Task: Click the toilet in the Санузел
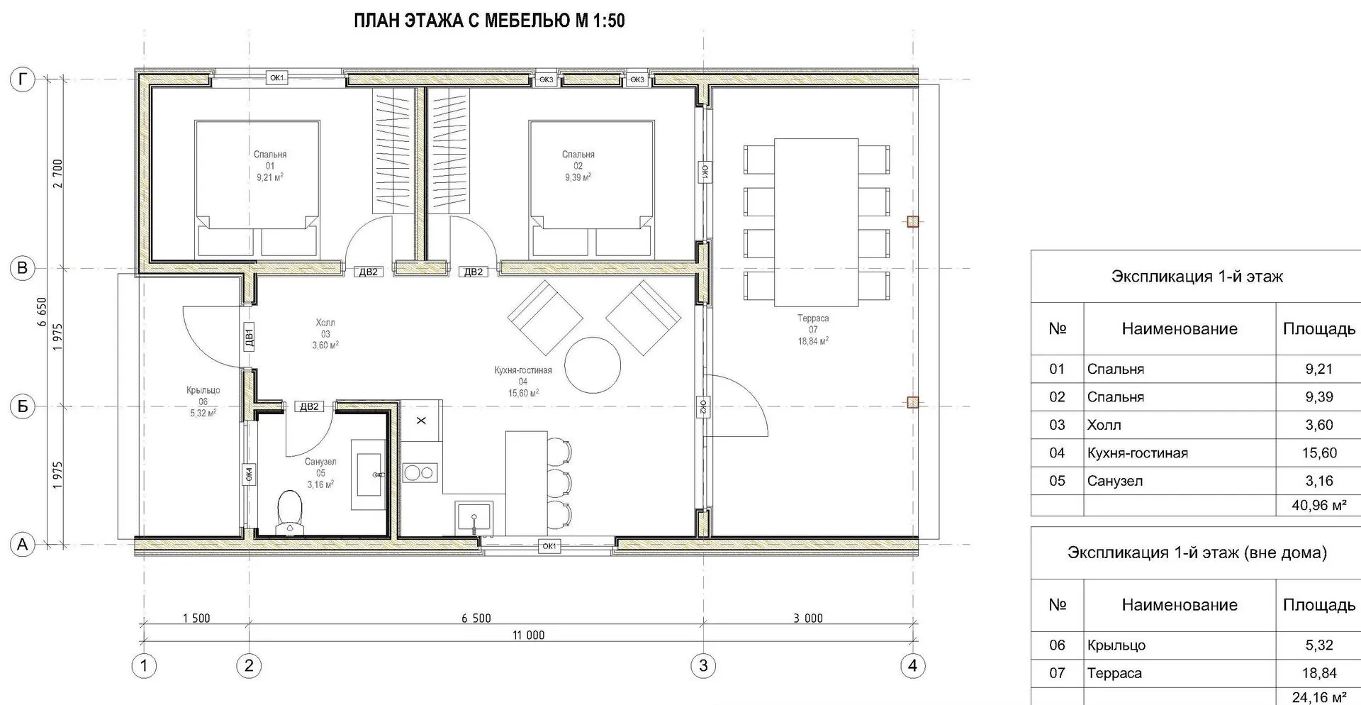pos(289,512)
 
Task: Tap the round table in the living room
pos(593,366)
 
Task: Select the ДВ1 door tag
pos(248,338)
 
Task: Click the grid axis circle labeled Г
pos(23,80)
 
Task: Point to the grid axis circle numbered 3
pos(703,666)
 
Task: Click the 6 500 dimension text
pos(476,618)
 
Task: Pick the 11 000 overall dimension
pos(529,635)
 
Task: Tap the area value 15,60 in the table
pos(1319,453)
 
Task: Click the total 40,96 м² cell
pos(1318,506)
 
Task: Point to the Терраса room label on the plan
pos(813,318)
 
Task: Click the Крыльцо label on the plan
pos(203,390)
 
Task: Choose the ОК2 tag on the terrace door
pos(703,406)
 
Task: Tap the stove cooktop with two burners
pos(419,472)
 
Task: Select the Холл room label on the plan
pos(325,323)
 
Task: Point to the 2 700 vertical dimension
pos(57,174)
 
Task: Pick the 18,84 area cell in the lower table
pos(1319,673)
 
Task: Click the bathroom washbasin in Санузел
pos(369,474)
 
